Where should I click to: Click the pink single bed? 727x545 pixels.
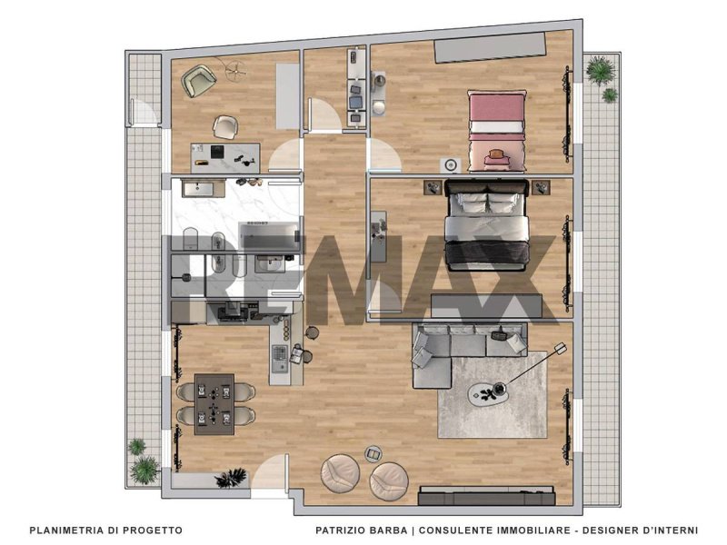[x=497, y=131]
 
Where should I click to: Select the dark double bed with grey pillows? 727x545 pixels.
[x=487, y=224]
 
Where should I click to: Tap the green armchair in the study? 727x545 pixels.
[x=198, y=81]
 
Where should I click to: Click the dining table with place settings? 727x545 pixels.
[x=214, y=404]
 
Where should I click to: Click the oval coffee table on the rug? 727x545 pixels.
[x=488, y=393]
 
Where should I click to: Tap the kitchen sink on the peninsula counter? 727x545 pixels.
[x=280, y=359]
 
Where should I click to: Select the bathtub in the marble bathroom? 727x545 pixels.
[x=269, y=235]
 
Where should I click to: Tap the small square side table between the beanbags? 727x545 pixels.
[x=373, y=453]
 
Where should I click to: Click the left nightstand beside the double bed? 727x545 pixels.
[x=433, y=188]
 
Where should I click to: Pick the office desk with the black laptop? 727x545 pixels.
[x=225, y=158]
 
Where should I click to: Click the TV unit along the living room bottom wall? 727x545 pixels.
[x=487, y=495]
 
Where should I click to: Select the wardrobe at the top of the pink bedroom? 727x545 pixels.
[x=489, y=47]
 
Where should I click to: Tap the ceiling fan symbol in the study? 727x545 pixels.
[x=236, y=71]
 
